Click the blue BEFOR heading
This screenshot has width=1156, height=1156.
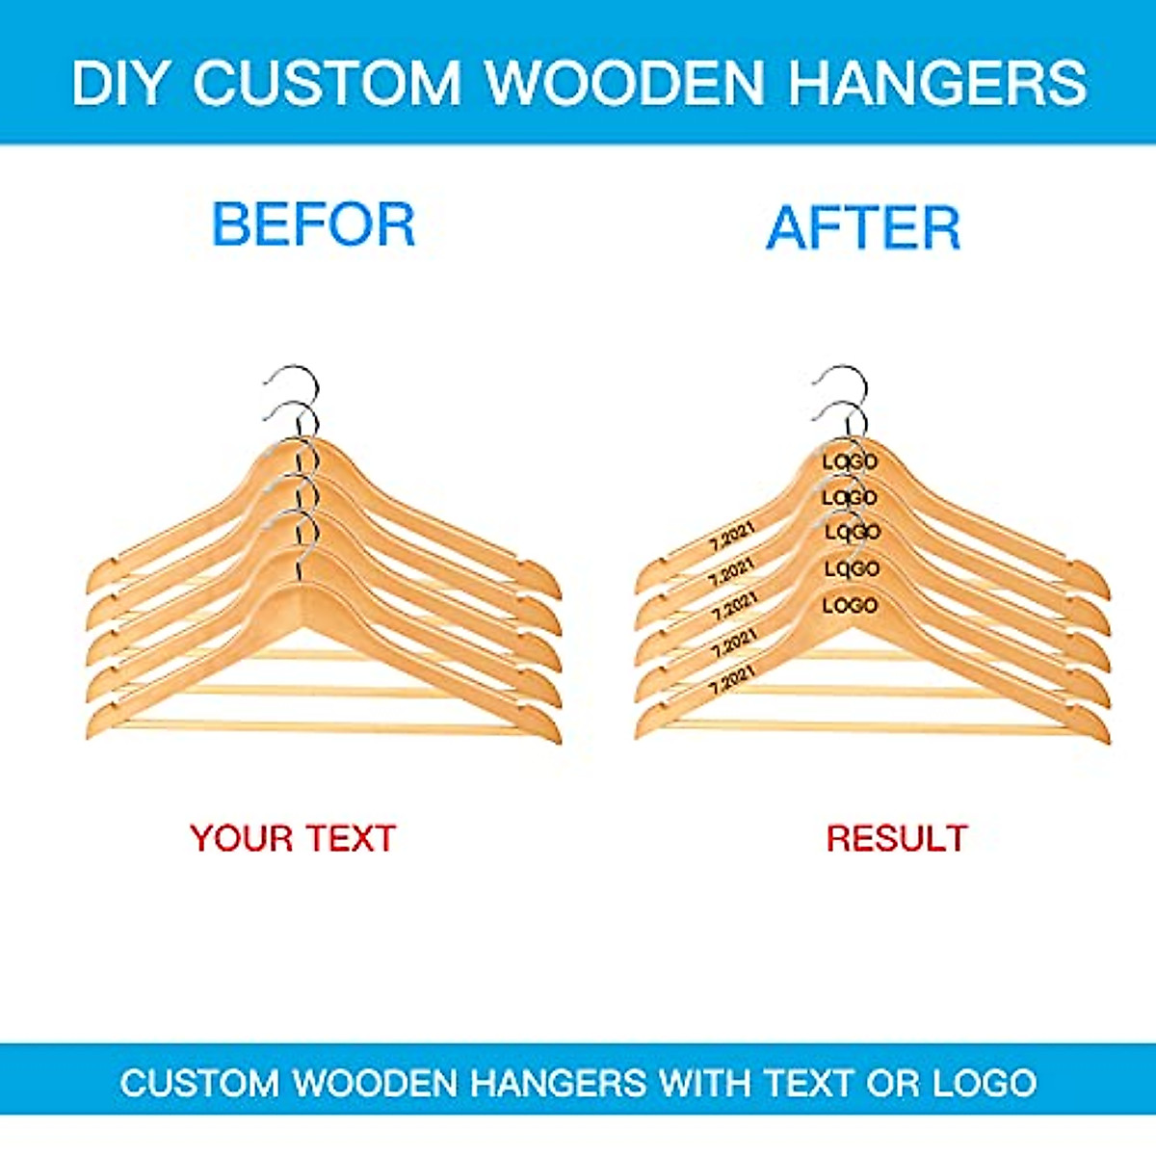click(x=313, y=224)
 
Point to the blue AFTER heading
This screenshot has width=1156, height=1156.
click(x=863, y=228)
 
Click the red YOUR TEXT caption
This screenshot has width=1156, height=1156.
click(x=293, y=838)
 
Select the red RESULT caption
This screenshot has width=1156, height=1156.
click(x=896, y=838)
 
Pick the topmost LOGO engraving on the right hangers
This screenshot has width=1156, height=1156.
click(x=850, y=461)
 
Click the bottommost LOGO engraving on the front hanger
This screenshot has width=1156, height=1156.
click(x=850, y=605)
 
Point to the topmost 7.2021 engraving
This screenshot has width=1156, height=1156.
click(x=732, y=535)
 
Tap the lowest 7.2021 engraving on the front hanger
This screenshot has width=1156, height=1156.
click(x=732, y=679)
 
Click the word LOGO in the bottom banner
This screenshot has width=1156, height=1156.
click(x=985, y=1083)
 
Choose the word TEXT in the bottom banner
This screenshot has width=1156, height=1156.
click(x=809, y=1083)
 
